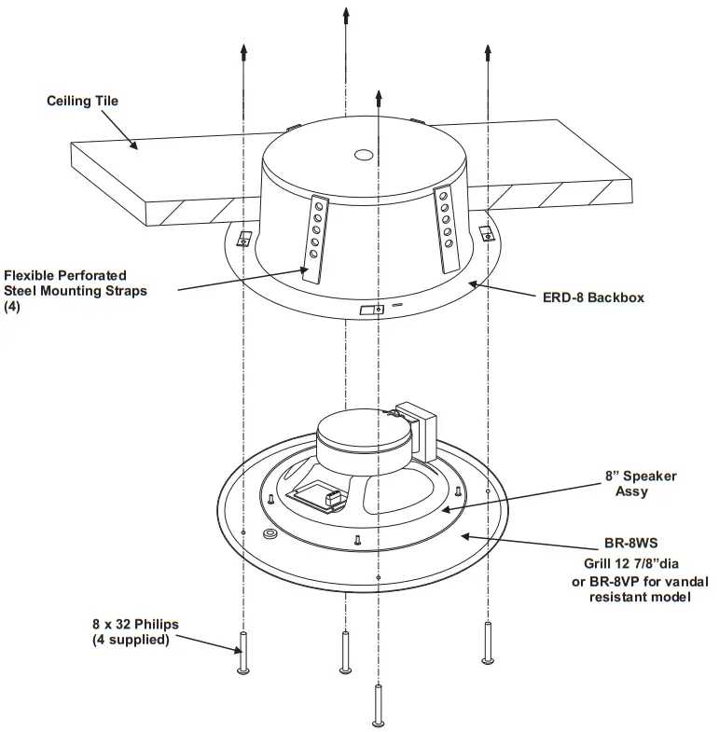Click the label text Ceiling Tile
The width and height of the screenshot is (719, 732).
pos(82,101)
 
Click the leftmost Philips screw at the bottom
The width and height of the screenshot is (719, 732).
pos(244,653)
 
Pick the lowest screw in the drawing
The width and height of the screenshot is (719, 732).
pos(377,703)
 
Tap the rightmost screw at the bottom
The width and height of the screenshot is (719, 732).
pos(486,642)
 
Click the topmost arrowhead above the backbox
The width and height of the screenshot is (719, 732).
pos(346,15)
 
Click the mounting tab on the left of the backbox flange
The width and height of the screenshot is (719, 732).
pos(244,237)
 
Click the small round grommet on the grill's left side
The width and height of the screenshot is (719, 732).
pos(270,534)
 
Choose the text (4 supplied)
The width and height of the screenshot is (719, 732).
pos(131,641)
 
